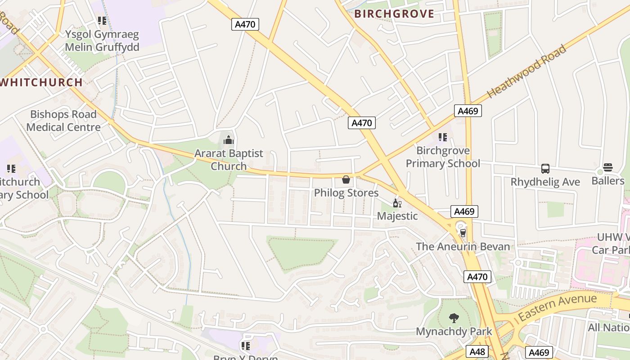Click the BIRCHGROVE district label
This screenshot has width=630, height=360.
(x=394, y=14)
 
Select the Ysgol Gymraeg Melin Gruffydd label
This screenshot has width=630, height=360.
(x=102, y=40)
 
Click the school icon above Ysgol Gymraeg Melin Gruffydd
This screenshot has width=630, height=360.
(x=102, y=21)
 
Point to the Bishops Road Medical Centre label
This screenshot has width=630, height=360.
(x=63, y=121)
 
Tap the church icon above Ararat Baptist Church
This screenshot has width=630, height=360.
(x=229, y=140)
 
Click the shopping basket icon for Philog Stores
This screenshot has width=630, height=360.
(x=346, y=180)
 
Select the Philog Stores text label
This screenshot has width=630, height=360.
(x=346, y=193)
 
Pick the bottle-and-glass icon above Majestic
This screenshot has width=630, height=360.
(x=397, y=203)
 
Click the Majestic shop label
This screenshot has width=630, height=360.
(x=397, y=216)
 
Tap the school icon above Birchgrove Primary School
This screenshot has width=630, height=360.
(x=443, y=137)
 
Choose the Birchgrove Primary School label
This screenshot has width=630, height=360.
(x=443, y=157)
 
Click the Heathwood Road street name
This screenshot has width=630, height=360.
(x=527, y=72)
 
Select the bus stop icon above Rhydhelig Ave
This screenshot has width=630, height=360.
(x=545, y=169)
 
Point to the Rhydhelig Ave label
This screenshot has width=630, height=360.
(x=545, y=182)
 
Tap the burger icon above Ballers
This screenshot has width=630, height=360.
(x=608, y=168)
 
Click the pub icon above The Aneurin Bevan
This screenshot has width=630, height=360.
(x=463, y=233)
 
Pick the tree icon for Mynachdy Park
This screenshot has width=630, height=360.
(x=454, y=318)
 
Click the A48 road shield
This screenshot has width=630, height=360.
(x=477, y=351)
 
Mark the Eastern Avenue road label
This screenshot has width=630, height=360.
(x=558, y=307)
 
